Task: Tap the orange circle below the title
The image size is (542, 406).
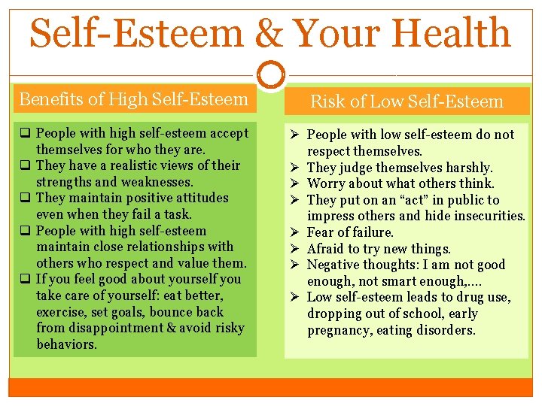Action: click(271, 75)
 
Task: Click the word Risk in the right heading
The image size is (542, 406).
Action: click(328, 101)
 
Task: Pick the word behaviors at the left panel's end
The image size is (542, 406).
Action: click(67, 344)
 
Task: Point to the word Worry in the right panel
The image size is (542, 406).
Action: click(327, 183)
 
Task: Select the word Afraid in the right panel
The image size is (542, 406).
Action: click(327, 249)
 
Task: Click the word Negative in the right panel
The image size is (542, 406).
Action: click(333, 265)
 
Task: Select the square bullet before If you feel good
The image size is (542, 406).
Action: click(25, 279)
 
